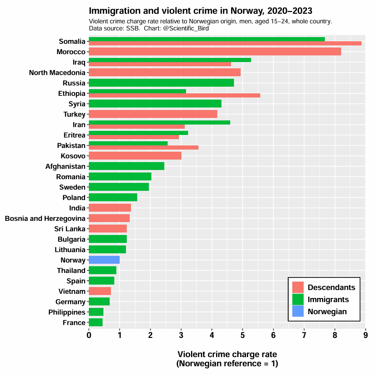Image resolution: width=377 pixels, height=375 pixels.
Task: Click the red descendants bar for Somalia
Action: click(x=225, y=43)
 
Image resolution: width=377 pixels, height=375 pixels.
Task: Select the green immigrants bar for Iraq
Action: click(x=170, y=60)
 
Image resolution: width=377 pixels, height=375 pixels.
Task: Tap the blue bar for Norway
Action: click(x=104, y=260)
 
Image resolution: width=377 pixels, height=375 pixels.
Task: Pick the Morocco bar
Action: click(x=215, y=52)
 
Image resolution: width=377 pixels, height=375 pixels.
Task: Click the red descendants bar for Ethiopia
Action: click(x=174, y=95)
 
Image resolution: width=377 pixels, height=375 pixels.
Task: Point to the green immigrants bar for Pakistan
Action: click(x=128, y=143)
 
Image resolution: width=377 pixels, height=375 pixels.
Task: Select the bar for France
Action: click(x=96, y=322)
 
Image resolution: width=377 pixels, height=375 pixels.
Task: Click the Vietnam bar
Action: click(x=100, y=291)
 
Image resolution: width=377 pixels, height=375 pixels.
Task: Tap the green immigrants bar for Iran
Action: click(x=159, y=122)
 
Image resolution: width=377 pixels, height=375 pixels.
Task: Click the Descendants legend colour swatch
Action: click(x=298, y=287)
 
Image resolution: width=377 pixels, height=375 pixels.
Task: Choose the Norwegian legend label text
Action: click(x=327, y=312)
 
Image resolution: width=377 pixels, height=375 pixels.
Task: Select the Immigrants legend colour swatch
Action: click(x=298, y=300)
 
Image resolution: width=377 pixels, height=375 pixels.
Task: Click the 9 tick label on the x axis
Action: click(x=365, y=335)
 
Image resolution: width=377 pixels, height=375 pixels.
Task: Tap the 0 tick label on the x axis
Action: click(x=89, y=335)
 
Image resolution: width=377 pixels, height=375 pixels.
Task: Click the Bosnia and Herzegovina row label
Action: click(x=45, y=218)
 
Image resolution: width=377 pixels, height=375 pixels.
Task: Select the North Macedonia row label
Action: click(x=57, y=72)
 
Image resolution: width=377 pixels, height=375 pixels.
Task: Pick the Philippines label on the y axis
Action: click(x=67, y=312)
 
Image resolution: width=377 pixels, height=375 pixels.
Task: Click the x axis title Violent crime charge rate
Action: click(x=227, y=354)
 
